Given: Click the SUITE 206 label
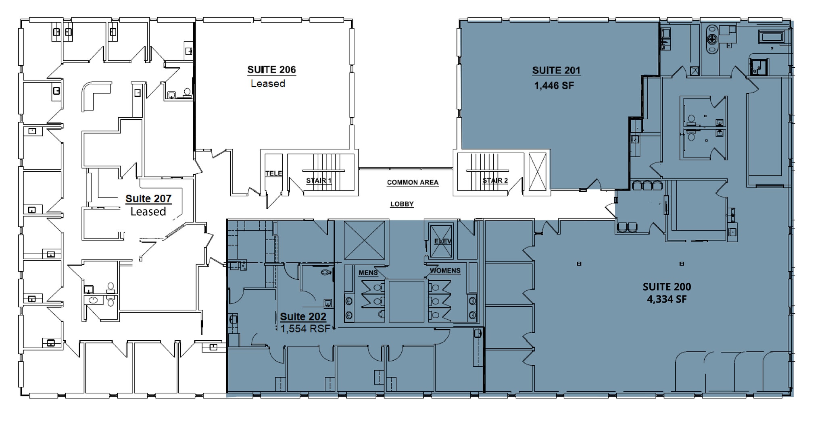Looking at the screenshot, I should coord(271,70).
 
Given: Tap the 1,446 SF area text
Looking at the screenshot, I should coord(554,85).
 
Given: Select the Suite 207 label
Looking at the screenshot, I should coord(148,199).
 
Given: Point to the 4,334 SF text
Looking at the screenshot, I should coord(667,299).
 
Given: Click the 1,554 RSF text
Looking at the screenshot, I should coord(305,328).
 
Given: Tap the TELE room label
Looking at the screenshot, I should coord(273,173).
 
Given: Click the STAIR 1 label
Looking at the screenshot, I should coord(319,181).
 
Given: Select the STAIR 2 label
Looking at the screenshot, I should coord(495,181).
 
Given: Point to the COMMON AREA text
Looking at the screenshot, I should coord(413,183).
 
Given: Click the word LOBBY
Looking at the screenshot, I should coord(402,204).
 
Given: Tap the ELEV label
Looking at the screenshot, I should coord(442,241).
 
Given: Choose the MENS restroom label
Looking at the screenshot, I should coord(368,273).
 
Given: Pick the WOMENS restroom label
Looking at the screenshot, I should coord(445,271).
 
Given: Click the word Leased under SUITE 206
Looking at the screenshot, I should coord(268,83).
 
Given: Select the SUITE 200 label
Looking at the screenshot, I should coord(667,287).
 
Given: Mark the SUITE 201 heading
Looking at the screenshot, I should coord(556,71).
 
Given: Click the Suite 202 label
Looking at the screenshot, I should coord(303,317).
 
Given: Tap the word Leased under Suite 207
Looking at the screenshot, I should coord(148,212).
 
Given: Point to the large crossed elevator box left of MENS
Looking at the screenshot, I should coord(364,240).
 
